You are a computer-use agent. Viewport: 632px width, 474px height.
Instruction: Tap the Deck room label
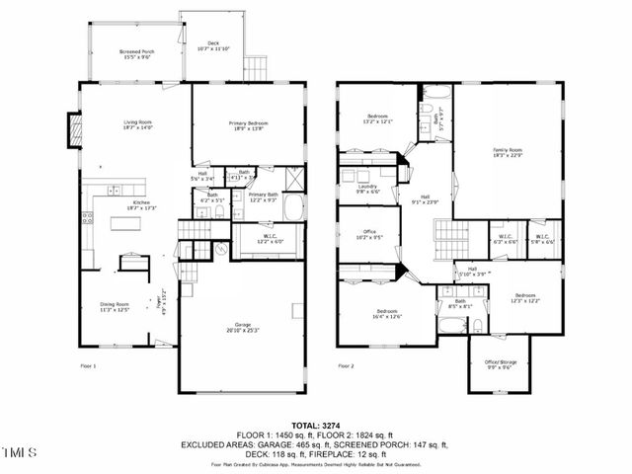click(x=212, y=45)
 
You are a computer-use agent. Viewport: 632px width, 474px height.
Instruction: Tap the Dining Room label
click(x=117, y=306)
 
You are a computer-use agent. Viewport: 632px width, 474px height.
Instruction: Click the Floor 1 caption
click(x=89, y=365)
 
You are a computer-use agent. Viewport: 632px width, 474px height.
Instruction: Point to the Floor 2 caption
click(x=346, y=365)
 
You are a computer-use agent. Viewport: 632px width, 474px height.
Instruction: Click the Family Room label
click(x=508, y=151)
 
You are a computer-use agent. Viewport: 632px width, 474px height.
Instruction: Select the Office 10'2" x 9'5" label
click(x=367, y=235)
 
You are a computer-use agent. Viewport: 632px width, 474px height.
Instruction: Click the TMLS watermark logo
click(x=19, y=454)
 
